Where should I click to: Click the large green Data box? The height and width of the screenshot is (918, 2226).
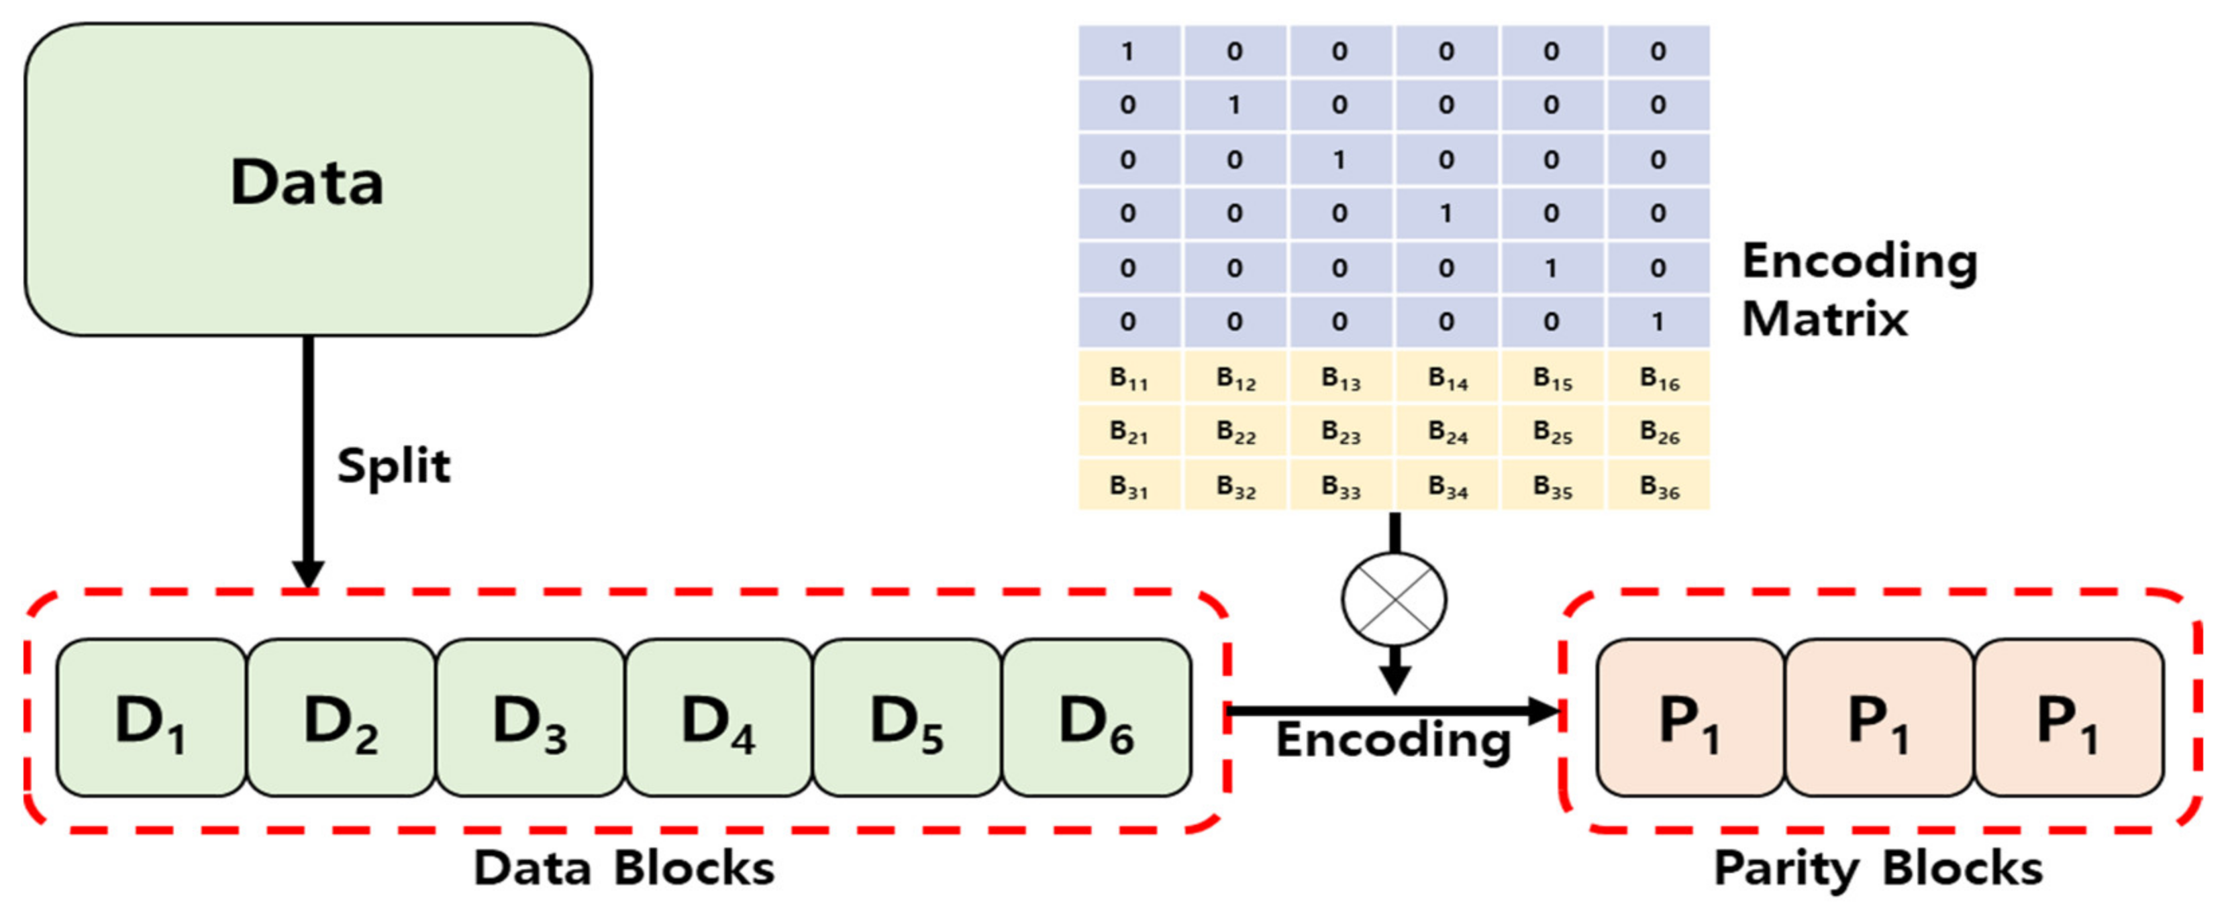307,180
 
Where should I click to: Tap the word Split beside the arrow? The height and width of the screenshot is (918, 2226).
393,466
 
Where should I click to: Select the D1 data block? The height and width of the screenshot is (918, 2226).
151,719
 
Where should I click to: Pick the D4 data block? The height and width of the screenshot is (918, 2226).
718,719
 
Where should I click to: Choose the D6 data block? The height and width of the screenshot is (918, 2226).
1096,719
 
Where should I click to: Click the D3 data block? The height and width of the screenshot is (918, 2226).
529,719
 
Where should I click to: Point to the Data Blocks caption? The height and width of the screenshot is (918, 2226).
624,868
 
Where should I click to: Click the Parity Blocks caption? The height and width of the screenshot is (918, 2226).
1878,868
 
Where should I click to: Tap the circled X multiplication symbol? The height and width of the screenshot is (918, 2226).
1394,598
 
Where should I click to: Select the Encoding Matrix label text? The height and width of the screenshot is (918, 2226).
1858,289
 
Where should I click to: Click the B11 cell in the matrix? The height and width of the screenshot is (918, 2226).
1129,378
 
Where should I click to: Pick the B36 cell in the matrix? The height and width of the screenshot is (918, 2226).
1659,486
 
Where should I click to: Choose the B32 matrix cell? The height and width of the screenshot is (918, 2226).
1235,486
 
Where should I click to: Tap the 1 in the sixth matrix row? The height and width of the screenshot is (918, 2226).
1658,321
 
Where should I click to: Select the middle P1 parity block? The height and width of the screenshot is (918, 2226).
1878,719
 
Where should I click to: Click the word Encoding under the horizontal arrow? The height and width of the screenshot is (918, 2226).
1393,740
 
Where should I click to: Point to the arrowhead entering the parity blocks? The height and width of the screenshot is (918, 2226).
1544,711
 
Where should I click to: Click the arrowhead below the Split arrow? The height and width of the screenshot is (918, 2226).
307,573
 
